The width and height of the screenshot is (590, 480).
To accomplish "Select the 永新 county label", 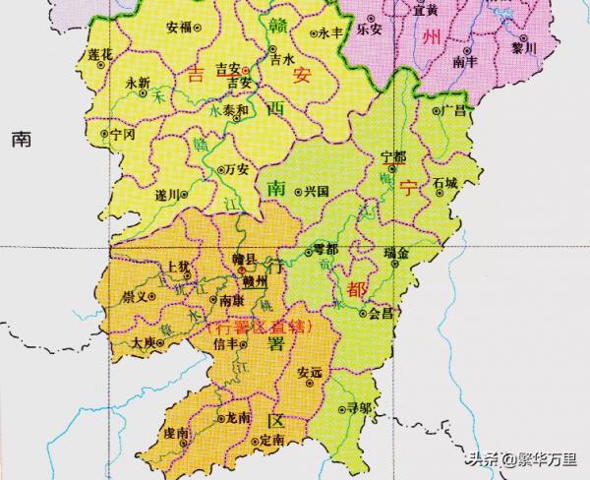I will [x=138, y=83].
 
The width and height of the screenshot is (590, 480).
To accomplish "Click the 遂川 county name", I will [x=167, y=195].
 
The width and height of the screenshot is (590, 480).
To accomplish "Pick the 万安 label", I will [x=237, y=169].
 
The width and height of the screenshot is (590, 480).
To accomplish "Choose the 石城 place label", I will [x=445, y=183].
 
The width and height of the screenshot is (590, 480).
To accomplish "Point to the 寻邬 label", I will [x=359, y=406].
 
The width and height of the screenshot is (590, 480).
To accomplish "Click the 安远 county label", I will [x=309, y=373].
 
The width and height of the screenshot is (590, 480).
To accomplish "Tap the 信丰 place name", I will [x=226, y=343].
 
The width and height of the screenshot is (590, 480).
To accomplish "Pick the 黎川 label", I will [x=524, y=47].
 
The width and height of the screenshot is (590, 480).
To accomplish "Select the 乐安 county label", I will [x=369, y=30].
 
